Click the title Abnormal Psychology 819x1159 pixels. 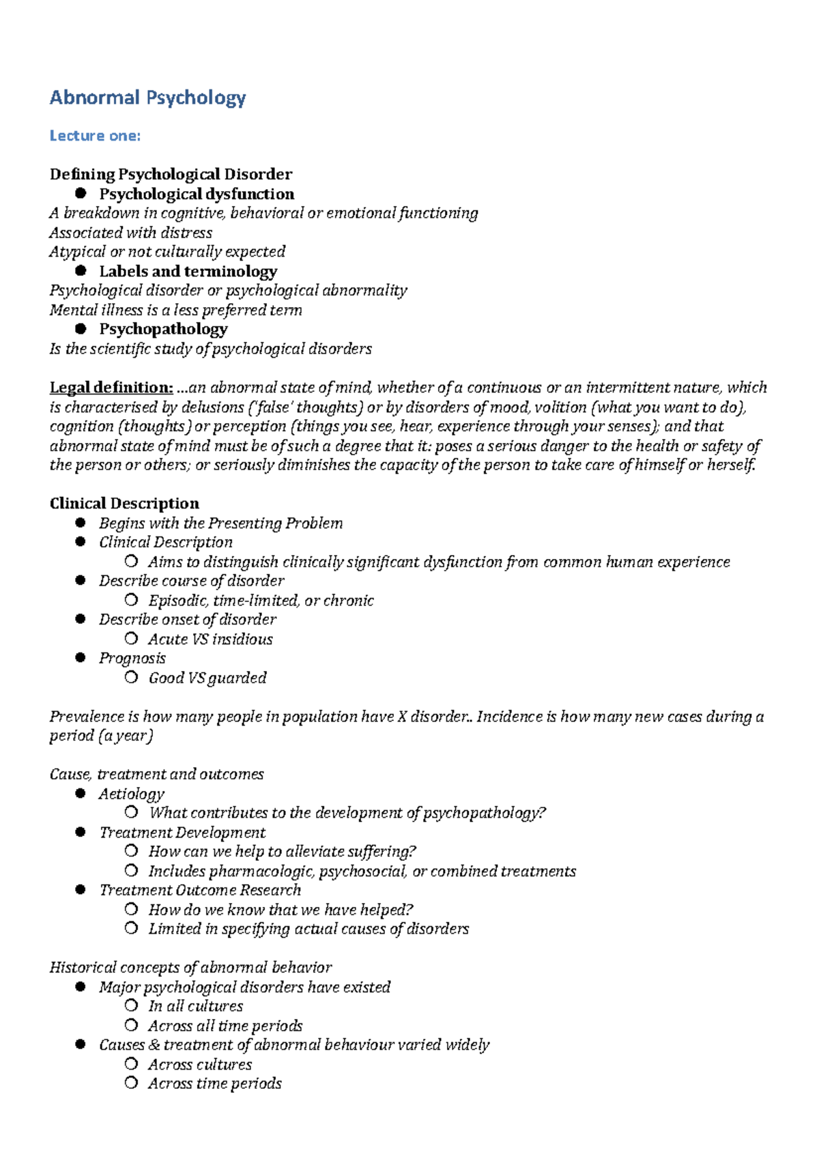click(147, 98)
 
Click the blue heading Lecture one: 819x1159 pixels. click(95, 136)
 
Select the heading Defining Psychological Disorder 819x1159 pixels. click(171, 174)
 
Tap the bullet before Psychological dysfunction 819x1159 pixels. click(81, 193)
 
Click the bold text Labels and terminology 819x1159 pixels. click(188, 271)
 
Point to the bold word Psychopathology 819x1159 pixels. click(163, 329)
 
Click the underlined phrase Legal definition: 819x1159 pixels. click(111, 388)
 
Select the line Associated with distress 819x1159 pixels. click(130, 233)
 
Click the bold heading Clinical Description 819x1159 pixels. click(124, 504)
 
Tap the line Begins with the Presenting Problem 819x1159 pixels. click(220, 524)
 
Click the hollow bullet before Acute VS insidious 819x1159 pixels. click(131, 639)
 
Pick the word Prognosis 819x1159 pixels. click(132, 659)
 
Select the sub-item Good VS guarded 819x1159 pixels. click(207, 678)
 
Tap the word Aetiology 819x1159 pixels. click(132, 794)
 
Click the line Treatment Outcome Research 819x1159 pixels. click(200, 890)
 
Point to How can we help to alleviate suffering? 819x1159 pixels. click(282, 852)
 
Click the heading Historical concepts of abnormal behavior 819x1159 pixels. click(190, 968)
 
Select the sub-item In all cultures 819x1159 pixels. click(195, 1006)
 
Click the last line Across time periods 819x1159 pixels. click(214, 1084)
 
